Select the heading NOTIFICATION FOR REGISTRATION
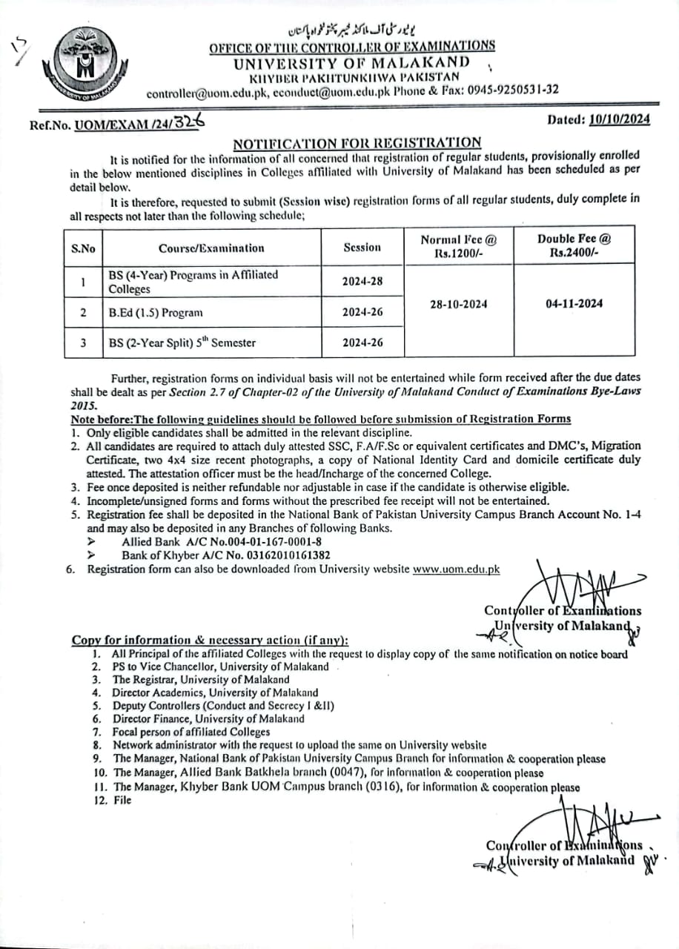point(357,142)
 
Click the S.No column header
point(83,248)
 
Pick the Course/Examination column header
point(211,248)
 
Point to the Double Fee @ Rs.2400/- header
point(574,245)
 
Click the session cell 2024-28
point(362,282)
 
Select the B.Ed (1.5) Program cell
point(156,312)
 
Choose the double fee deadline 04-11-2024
point(574,303)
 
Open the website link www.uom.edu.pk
point(456,569)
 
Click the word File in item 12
point(122,801)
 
